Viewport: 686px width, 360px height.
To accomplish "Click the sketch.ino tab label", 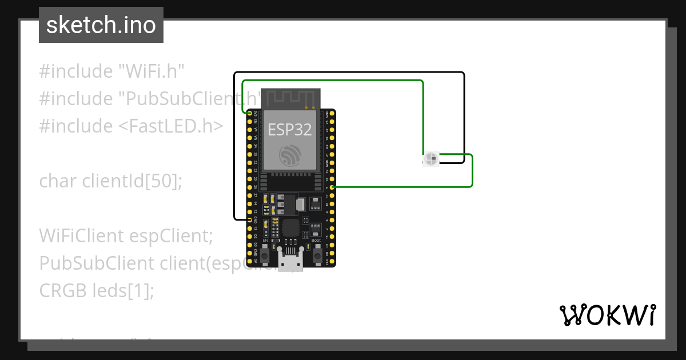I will [x=101, y=25].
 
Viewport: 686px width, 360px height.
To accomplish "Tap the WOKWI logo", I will [x=608, y=315].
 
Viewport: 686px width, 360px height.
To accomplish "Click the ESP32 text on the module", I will [x=290, y=130].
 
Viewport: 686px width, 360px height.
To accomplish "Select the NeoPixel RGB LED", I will [x=430, y=159].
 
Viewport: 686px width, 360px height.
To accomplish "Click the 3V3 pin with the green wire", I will [x=250, y=114].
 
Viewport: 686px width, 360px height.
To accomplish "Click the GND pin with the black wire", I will [x=250, y=219].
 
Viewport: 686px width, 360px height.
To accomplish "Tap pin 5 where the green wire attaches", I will [x=333, y=187].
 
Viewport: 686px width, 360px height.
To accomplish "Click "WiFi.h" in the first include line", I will [x=151, y=71].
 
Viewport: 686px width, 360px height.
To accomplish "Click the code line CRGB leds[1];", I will [x=97, y=290].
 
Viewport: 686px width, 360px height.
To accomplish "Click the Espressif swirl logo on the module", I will [x=289, y=155].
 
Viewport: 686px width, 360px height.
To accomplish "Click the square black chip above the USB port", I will [x=290, y=227].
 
